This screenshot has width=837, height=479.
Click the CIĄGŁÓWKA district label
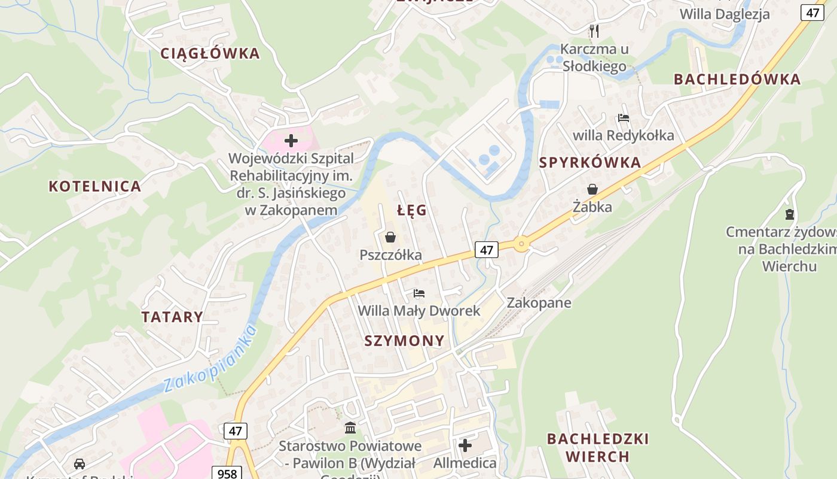210,53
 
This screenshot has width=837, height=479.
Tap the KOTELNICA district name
95,186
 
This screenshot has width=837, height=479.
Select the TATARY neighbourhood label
172,317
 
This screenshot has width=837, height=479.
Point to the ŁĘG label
412,210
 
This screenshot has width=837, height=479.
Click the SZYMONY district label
405,341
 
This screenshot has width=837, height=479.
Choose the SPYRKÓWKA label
590,162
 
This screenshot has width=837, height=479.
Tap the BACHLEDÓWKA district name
737,79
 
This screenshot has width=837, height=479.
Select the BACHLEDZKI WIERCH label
598,447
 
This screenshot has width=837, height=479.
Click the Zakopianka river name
209,357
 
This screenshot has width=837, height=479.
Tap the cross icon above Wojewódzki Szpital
291,141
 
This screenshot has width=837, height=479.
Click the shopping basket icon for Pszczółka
390,238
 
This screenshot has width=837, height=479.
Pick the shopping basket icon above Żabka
592,190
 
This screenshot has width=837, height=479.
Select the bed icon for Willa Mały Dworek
419,293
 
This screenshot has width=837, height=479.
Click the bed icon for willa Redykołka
624,118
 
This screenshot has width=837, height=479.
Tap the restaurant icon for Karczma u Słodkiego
594,31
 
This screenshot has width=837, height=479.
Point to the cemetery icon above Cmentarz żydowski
790,214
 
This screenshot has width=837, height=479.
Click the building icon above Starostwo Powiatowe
350,428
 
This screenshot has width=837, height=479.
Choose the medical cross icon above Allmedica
465,445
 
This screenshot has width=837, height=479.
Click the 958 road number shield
227,473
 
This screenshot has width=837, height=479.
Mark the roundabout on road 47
522,244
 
